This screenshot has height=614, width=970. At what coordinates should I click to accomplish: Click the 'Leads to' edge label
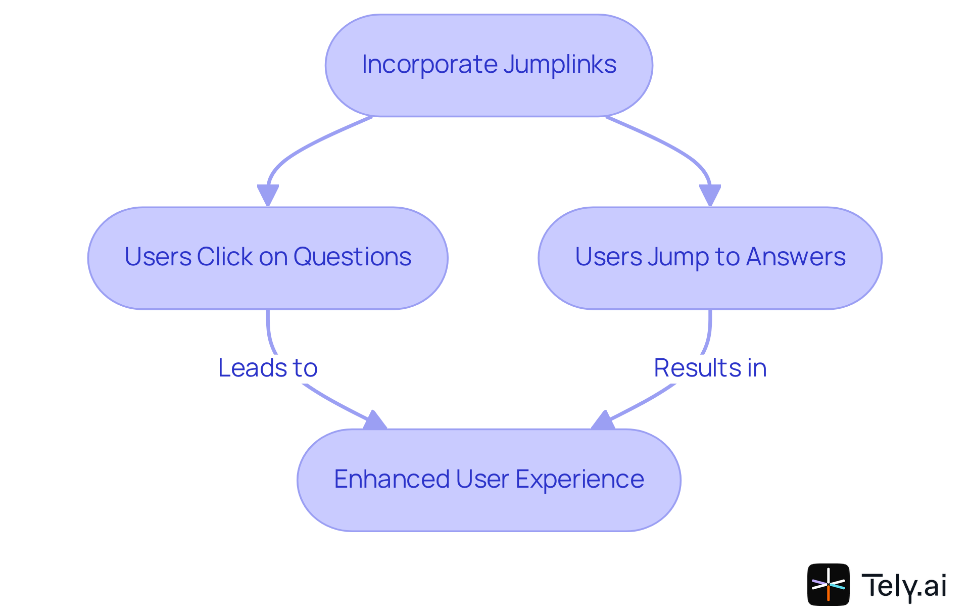pyautogui.click(x=267, y=368)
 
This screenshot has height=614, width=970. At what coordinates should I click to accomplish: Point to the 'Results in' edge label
pyautogui.click(x=710, y=368)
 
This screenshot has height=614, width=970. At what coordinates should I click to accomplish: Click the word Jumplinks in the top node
pyautogui.click(x=559, y=65)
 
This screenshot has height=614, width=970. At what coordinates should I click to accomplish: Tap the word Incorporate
pyautogui.click(x=429, y=65)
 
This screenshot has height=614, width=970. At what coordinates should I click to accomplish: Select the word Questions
pyautogui.click(x=352, y=257)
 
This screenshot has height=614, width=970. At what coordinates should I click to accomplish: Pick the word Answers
pyautogui.click(x=796, y=257)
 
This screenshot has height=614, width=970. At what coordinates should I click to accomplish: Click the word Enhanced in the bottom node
pyautogui.click(x=392, y=479)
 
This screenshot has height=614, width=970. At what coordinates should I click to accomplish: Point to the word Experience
pyautogui.click(x=579, y=479)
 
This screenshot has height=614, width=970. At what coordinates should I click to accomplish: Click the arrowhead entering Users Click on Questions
pyautogui.click(x=268, y=195)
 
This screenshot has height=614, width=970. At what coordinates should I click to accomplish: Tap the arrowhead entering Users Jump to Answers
pyautogui.click(x=710, y=195)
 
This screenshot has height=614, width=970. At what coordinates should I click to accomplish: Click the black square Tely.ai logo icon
pyautogui.click(x=828, y=584)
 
